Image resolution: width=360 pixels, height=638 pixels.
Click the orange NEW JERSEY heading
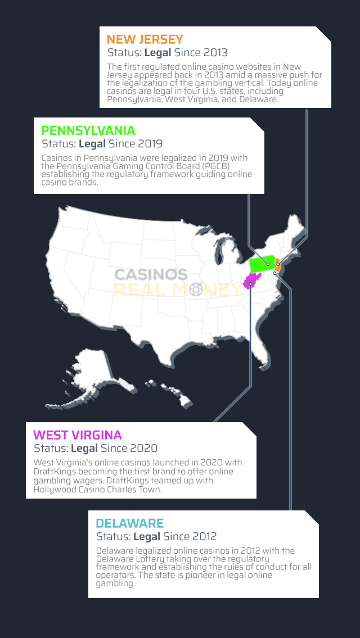145,39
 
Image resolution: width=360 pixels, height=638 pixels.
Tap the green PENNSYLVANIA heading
88,130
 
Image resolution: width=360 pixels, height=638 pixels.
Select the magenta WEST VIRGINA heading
78,435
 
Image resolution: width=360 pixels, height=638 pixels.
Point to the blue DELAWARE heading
130,524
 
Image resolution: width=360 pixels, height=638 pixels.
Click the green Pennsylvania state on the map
262,263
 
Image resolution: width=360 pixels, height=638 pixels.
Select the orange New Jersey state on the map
278,265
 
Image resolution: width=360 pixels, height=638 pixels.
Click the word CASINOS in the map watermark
151,275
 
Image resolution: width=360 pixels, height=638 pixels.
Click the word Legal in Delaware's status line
147,537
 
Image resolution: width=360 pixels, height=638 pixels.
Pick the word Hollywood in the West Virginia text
53,489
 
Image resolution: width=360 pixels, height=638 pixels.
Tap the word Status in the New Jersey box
124,53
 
